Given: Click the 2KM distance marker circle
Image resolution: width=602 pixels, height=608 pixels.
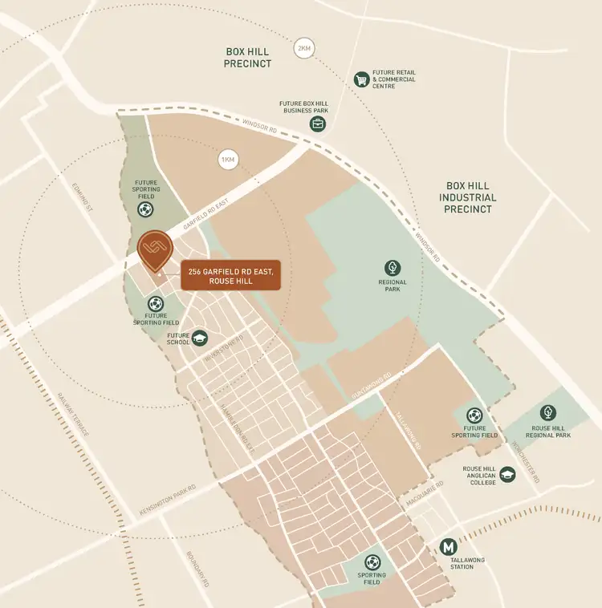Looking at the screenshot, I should (x=303, y=48).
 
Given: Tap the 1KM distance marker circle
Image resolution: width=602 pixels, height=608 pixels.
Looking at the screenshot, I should (x=228, y=160).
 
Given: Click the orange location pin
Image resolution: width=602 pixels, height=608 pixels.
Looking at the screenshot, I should (x=154, y=250).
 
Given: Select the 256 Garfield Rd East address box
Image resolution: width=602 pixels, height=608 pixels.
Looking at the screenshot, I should (x=231, y=277).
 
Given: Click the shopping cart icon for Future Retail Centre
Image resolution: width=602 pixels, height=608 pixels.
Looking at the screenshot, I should (x=362, y=79).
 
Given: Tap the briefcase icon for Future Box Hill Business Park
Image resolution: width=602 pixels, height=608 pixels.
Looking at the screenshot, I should (x=318, y=124).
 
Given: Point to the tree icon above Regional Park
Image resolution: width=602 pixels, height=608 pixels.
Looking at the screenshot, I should (x=393, y=268).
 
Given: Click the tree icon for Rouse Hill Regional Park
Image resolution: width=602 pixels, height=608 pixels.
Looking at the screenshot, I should (x=548, y=412).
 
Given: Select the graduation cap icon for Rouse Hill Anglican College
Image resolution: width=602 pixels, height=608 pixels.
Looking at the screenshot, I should (x=507, y=475).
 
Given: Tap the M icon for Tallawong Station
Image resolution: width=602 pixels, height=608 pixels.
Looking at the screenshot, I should (x=449, y=547).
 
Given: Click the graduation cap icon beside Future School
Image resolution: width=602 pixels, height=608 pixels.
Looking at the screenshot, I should (x=199, y=338).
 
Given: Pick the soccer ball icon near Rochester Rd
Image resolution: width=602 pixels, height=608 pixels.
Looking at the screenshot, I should (x=474, y=415).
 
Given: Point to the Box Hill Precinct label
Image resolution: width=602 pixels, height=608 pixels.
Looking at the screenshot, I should (x=248, y=57).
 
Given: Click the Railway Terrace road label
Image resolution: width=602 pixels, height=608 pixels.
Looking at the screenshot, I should (x=74, y=414).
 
